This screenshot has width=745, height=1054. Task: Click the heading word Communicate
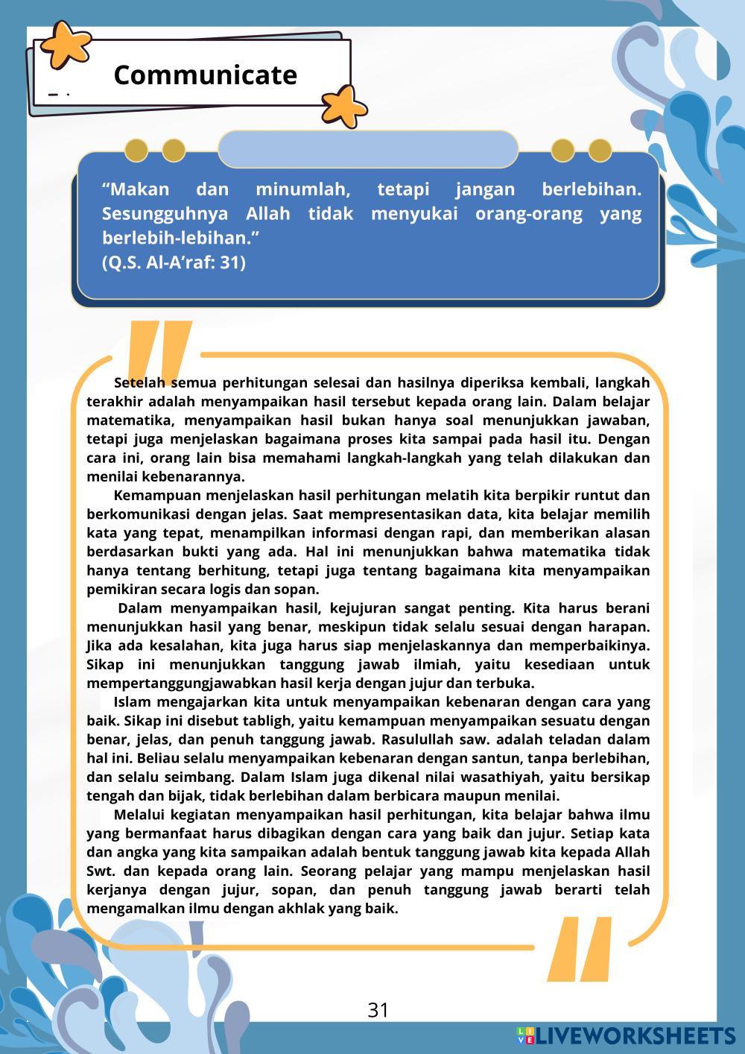click(205, 75)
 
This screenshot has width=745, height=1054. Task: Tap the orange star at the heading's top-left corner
click(65, 43)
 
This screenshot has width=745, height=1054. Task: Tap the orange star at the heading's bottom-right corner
click(343, 105)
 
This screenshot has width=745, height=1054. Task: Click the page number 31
click(378, 1010)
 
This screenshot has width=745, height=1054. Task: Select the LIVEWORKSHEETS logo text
click(635, 1035)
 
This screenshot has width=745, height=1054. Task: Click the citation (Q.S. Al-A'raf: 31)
click(174, 262)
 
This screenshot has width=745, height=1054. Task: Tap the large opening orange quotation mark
click(158, 350)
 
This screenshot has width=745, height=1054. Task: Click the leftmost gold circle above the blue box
click(136, 151)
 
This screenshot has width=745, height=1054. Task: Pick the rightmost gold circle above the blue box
click(600, 151)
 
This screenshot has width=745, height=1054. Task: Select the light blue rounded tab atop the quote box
click(368, 149)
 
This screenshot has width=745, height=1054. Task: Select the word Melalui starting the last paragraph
click(142, 815)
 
